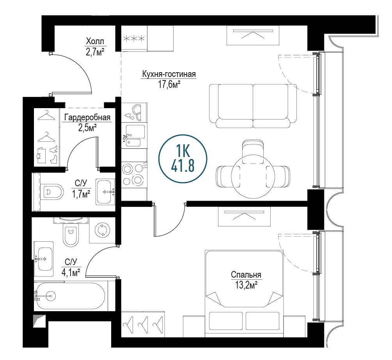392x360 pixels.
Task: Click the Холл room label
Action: click(95, 41)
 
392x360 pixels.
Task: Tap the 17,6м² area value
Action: click(169, 84)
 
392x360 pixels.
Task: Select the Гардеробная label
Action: click(87, 117)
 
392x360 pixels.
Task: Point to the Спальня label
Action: click(246, 275)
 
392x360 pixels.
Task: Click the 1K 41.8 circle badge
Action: click(183, 159)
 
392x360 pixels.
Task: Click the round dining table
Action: click(253, 176)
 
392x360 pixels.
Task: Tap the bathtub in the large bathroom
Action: click(69, 296)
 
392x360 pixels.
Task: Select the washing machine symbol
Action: click(102, 230)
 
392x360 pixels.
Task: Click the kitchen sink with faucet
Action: click(134, 136)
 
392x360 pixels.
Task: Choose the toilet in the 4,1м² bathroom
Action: click(71, 235)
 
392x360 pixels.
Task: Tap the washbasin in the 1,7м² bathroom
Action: click(105, 192)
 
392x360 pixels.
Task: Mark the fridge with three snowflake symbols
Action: click(134, 39)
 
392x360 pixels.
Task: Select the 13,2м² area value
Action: click(246, 285)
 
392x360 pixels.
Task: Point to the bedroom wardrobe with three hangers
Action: click(143, 324)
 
